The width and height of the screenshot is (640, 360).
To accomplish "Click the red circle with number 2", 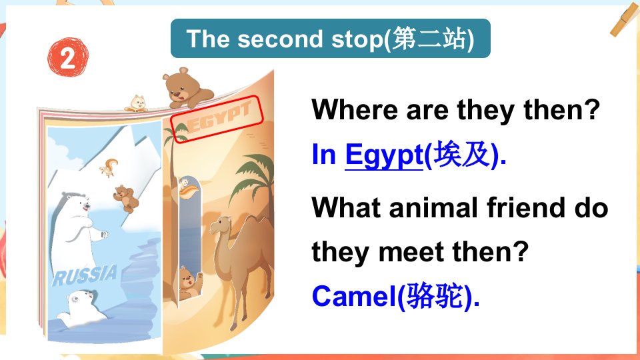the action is tap(67, 57).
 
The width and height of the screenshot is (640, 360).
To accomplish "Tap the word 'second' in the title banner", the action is tap(280, 39).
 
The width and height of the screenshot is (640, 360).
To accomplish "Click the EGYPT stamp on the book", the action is tap(217, 119).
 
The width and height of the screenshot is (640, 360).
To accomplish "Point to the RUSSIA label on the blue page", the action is tap(85, 275).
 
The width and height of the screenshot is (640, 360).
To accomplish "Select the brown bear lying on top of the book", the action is tap(187, 89).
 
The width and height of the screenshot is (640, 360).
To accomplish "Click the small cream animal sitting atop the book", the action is tap(137, 104).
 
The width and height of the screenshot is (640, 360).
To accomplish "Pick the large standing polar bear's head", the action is tap(77, 203).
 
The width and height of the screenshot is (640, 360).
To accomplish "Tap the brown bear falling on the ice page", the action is tap(126, 199).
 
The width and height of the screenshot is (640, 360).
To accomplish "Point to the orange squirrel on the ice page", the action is tap(109, 167).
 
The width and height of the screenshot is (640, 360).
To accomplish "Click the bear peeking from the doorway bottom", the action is tap(189, 283).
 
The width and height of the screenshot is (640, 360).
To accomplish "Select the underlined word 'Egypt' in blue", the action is tap(384, 156).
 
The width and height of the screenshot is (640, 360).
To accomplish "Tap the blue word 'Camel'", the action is tap(353, 296).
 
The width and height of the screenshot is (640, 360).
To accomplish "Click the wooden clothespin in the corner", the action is tap(625, 19).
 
